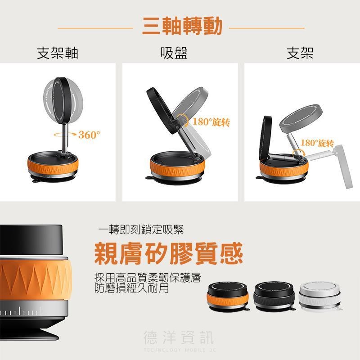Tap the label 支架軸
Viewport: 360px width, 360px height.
click(58, 53)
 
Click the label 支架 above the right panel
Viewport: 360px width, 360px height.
click(300, 53)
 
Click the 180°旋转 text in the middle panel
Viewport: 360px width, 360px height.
click(211, 122)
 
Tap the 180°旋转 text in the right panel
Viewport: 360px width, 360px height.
click(317, 143)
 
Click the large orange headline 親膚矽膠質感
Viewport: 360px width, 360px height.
click(168, 254)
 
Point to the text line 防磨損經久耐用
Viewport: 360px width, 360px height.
click(132, 288)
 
